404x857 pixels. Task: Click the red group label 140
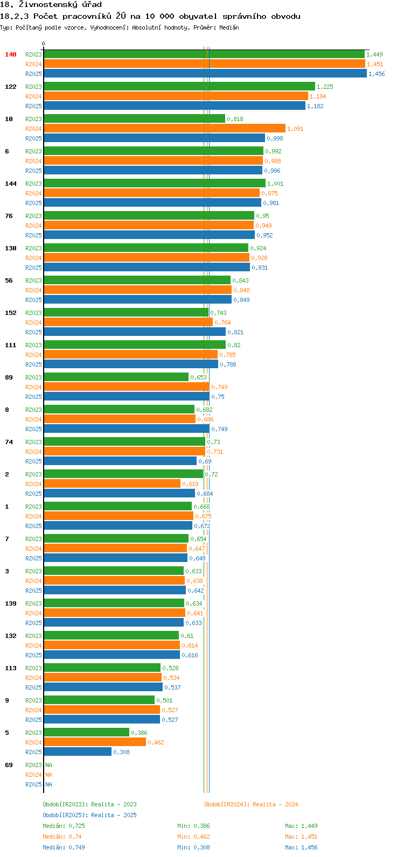click(11, 54)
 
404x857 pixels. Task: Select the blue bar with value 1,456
click(205, 73)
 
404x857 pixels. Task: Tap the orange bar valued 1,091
click(165, 129)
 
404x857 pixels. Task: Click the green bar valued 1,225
click(179, 87)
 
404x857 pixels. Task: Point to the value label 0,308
click(121, 752)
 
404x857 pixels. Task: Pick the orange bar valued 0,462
click(95, 742)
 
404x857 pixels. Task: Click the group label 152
click(11, 313)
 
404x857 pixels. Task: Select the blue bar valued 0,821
click(135, 332)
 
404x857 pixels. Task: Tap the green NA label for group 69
click(48, 765)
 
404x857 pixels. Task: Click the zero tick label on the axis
click(43, 44)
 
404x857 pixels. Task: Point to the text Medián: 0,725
click(64, 826)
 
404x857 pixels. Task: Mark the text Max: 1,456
click(301, 847)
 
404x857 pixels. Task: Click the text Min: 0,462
click(193, 837)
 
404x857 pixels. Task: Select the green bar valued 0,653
click(116, 377)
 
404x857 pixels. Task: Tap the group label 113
click(11, 668)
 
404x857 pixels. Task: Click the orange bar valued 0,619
click(112, 483)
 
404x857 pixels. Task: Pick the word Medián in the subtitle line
click(229, 27)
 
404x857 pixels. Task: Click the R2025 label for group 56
click(34, 299)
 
